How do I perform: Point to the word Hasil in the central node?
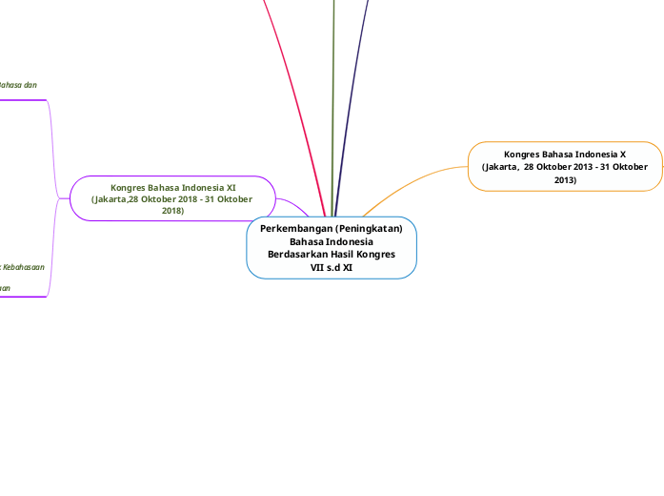pos(347,255)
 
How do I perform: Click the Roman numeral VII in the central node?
pos(319,268)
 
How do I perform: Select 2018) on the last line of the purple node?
pos(172,211)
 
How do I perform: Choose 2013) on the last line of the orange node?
pos(565,179)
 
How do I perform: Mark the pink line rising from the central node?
pos(292,95)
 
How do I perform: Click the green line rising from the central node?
pos(333,95)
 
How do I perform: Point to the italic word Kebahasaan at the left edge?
pos(24,268)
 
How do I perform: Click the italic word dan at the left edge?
pos(30,85)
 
